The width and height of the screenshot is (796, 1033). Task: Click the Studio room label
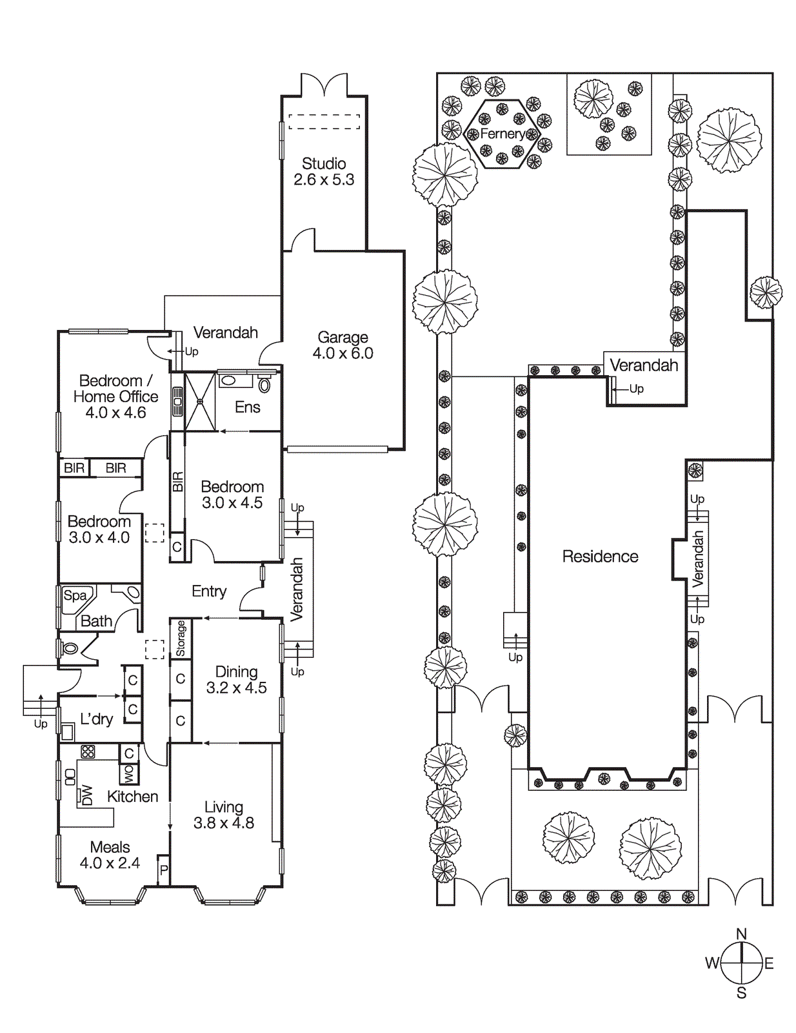point(324,172)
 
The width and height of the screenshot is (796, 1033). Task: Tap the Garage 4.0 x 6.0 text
point(343,345)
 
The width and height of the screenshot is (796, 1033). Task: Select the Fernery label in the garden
point(502,134)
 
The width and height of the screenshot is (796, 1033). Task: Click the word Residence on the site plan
point(600,557)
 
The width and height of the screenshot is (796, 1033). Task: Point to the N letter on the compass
point(741,934)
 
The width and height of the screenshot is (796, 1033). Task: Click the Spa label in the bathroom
point(75,596)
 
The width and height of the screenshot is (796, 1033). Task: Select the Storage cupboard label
point(181,639)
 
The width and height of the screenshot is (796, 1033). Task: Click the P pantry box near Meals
point(164,870)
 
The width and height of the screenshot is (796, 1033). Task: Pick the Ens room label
point(247,407)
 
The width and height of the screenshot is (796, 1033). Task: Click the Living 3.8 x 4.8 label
point(224,815)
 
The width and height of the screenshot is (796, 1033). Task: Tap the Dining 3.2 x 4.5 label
point(236,680)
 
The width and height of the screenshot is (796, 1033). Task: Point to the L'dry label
point(96,719)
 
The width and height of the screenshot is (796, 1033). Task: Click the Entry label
point(209,591)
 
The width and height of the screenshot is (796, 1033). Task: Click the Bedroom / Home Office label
point(115,396)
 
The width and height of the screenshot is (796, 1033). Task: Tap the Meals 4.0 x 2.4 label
point(110,855)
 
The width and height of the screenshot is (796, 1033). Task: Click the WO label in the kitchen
point(128,772)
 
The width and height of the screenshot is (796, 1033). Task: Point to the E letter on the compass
point(769,964)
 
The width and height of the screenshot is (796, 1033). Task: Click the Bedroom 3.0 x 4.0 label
point(99,529)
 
